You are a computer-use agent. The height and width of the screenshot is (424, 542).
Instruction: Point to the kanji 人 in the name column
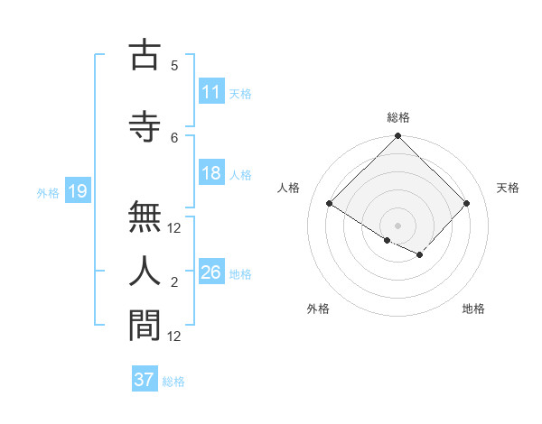145,270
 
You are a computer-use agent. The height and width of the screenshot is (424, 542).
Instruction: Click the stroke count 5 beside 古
174,66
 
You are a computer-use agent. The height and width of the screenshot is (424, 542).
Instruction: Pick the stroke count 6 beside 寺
174,136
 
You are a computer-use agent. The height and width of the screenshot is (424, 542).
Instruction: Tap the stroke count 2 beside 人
174,282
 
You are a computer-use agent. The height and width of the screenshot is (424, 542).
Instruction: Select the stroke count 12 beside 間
174,336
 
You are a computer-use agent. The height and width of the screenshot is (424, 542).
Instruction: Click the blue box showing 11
211,92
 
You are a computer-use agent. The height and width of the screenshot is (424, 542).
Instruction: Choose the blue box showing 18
211,173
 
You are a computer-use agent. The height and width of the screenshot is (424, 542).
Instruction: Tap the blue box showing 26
211,272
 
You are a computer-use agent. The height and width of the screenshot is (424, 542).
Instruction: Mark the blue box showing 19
77,190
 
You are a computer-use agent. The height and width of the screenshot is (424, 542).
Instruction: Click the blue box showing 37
145,380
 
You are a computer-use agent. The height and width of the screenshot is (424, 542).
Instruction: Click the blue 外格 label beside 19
48,191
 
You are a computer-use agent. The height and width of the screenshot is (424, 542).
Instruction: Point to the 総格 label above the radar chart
398,117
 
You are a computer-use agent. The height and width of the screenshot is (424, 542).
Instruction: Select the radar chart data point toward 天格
466,204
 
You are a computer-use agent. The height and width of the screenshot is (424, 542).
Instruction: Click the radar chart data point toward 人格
330,204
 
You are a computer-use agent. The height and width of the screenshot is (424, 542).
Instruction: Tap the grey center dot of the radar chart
397,225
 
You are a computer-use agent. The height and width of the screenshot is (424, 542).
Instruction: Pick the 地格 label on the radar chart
473,309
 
